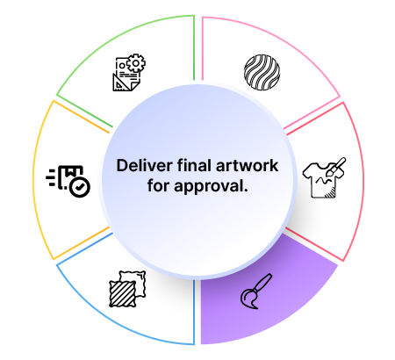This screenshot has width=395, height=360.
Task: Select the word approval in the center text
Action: [x=209, y=186]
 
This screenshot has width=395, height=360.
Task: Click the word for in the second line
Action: [x=159, y=185]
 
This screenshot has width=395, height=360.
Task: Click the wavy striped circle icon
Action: [x=262, y=72]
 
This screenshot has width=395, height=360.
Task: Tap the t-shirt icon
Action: [x=324, y=177]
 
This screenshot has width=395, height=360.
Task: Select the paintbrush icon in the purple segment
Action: [x=256, y=292]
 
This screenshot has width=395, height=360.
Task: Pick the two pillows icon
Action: [x=127, y=289]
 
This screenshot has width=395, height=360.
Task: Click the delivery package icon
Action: [x=68, y=182]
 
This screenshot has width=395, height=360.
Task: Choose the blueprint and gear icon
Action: [x=129, y=72]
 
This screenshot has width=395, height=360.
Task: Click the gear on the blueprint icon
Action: [x=136, y=63]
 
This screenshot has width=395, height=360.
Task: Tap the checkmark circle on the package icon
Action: [x=80, y=187]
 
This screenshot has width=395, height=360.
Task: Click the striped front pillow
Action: [x=123, y=294]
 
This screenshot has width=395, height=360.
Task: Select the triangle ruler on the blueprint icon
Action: [x=120, y=83]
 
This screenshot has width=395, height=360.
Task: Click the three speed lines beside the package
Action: [x=51, y=177]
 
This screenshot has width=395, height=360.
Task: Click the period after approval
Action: [x=246, y=191]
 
